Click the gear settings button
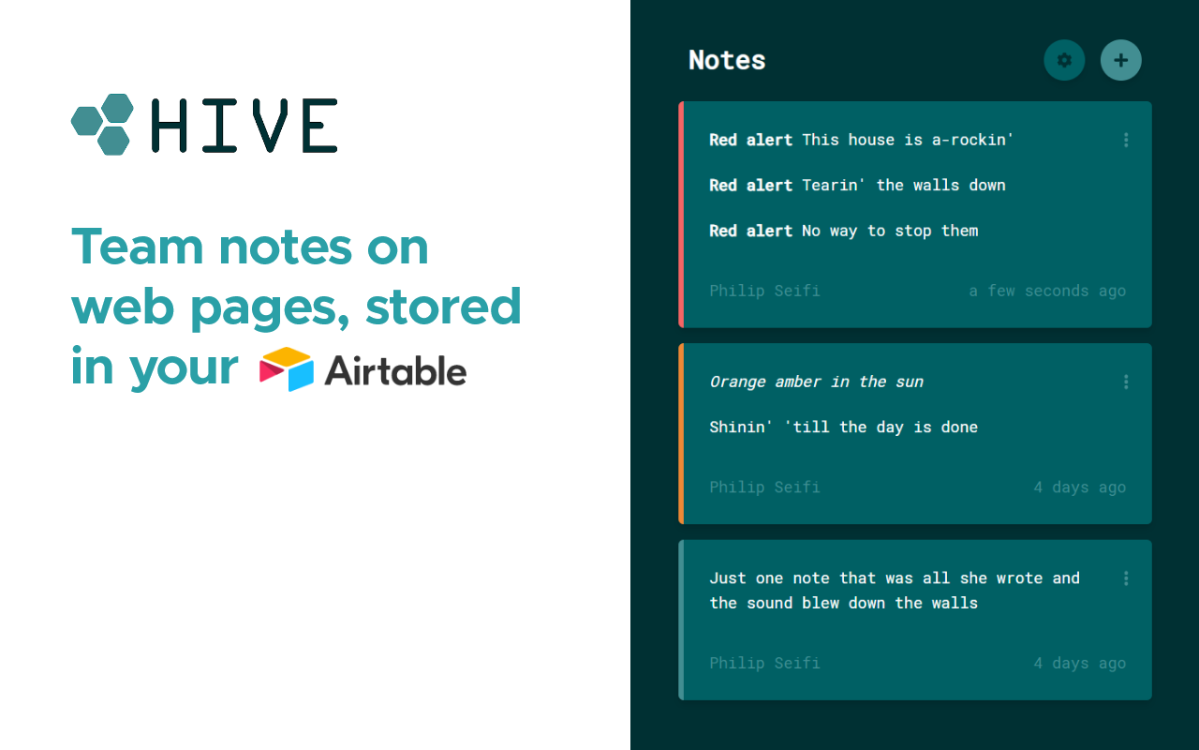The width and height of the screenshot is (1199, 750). coord(1064,60)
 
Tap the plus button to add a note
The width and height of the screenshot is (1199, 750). coord(1120,60)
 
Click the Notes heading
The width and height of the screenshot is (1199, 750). coord(727,60)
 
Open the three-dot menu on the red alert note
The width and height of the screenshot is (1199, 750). coord(1125,140)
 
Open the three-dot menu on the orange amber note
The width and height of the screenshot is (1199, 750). coord(1125,382)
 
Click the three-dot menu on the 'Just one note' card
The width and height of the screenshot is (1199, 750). coord(1125,578)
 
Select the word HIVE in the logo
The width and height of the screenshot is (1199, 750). coord(244,126)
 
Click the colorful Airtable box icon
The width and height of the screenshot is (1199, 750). coord(287,369)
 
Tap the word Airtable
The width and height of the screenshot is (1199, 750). coord(395,371)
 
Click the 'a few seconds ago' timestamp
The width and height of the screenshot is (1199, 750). coord(1046,291)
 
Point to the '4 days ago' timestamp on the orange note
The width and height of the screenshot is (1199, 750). coord(1079,487)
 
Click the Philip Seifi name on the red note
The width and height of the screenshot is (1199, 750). coord(764,291)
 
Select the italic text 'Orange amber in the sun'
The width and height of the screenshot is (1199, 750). coord(816,382)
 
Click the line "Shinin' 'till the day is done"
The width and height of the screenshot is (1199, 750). coord(843,427)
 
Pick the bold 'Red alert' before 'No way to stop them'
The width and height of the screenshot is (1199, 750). coord(750,231)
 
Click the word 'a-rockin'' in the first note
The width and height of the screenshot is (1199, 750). coord(972,140)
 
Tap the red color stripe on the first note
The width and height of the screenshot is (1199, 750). coord(681,215)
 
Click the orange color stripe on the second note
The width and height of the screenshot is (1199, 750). coord(681,433)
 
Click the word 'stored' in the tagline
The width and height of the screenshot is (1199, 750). coord(443,307)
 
